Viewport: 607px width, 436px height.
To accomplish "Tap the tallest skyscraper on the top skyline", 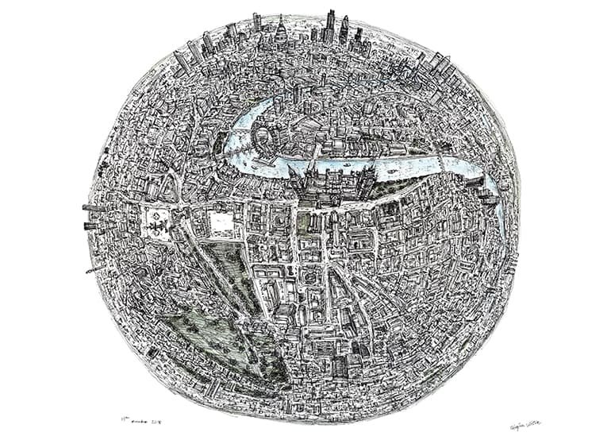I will coord(330,24).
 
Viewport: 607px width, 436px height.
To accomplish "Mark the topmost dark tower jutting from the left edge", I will coord(89,208).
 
